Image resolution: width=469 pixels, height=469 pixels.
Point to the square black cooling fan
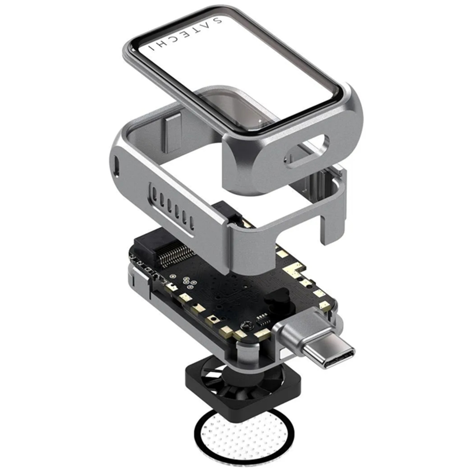pos(243,385)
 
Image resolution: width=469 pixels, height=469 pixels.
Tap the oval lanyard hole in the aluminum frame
pos(307,151)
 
